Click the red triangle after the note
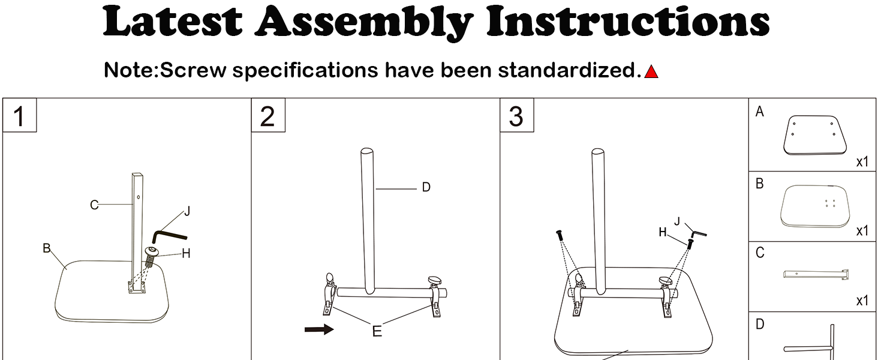[x=651, y=73]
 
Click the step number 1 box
[x=20, y=116]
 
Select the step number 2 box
[x=267, y=116]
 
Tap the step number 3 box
[x=516, y=116]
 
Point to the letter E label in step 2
[x=377, y=331]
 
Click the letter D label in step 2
[x=426, y=188]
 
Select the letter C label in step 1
[x=94, y=205]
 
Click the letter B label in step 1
[x=46, y=248]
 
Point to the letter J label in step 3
[x=677, y=221]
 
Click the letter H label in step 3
[x=663, y=232]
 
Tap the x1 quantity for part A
[x=862, y=162]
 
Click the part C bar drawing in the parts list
[x=816, y=275]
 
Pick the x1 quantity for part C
[x=862, y=301]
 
